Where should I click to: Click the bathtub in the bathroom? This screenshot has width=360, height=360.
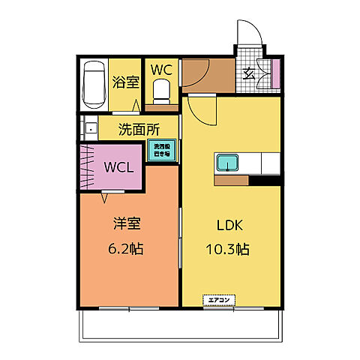(94, 84)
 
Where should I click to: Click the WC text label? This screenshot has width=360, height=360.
(161, 69)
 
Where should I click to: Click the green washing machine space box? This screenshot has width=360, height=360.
(161, 149)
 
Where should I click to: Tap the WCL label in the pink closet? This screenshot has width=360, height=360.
(118, 166)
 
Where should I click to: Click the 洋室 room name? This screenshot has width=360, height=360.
(127, 224)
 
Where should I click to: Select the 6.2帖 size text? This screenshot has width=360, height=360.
(127, 248)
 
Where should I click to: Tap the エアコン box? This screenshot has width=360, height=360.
(218, 301)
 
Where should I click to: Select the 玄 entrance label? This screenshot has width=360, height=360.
(248, 73)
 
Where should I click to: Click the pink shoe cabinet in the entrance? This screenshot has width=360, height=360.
(275, 73)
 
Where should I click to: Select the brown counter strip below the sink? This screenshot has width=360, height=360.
(231, 180)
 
